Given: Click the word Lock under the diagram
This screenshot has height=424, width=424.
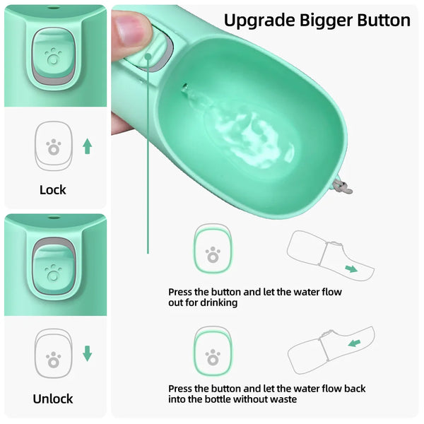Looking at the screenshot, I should click(53, 189).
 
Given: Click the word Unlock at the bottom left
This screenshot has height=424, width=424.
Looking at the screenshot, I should click(53, 399).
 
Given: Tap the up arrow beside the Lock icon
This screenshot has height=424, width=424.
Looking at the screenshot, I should click(87, 146).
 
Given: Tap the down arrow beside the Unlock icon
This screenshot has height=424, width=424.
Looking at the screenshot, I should click(87, 353).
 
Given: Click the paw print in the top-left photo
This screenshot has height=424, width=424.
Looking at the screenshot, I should click(53, 55).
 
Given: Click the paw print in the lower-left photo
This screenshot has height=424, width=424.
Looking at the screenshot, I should click(53, 269).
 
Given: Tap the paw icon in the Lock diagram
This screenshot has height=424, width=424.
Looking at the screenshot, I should click(53, 147).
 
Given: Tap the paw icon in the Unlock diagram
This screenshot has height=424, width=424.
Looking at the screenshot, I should click(53, 360).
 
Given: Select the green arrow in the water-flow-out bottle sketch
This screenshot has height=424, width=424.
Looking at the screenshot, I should click(351, 269).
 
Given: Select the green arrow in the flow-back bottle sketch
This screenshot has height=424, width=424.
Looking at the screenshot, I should click(354, 343).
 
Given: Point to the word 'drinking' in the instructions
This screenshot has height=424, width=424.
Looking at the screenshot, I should click(218, 302).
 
